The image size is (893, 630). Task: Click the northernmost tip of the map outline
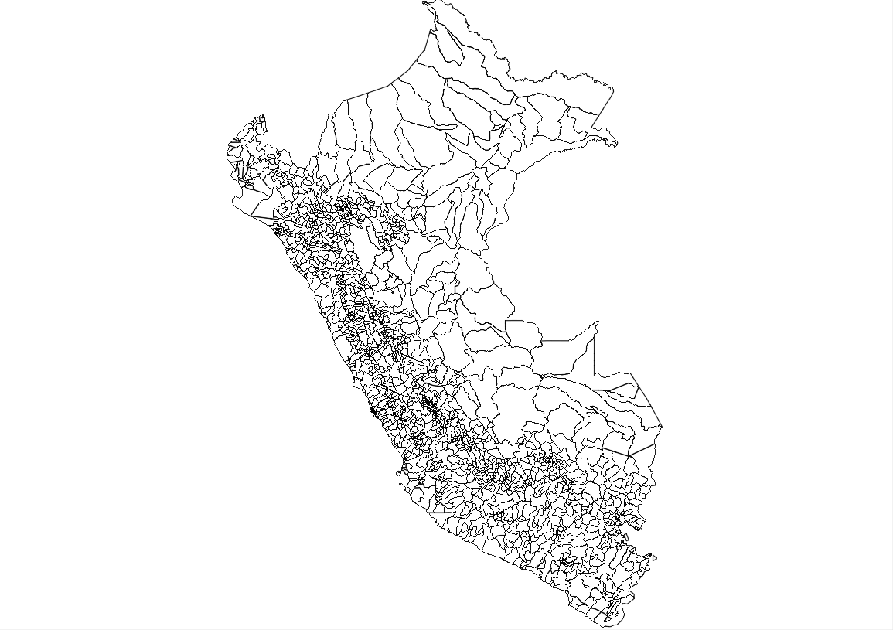click(x=424, y=2)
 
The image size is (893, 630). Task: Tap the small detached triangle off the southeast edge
click(x=653, y=557)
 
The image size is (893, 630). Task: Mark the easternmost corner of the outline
click(x=663, y=427)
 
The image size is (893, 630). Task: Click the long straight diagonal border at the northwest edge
click(x=383, y=84)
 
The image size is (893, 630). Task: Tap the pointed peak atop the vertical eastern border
click(x=598, y=322)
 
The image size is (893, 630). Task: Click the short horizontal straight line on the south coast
click(x=442, y=512)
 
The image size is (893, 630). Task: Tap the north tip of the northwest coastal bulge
click(x=262, y=116)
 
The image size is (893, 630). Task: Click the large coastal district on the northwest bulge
click(x=255, y=205)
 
